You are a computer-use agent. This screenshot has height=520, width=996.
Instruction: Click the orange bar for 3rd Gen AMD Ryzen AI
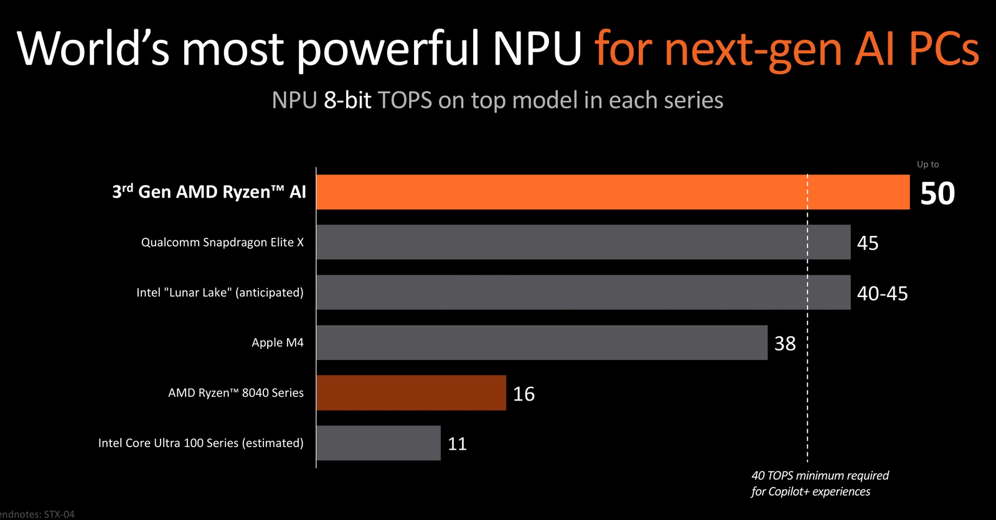[613, 192]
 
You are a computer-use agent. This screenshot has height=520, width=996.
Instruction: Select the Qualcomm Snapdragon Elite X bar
[583, 242]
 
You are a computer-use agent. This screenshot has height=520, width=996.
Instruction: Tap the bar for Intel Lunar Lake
[583, 292]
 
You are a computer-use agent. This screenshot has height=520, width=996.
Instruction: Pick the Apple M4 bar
[542, 343]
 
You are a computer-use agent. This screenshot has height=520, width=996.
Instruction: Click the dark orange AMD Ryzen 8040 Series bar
[411, 393]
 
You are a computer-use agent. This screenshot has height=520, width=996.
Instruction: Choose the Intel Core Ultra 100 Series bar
[378, 443]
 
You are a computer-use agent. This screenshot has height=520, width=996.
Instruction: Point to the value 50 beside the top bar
[937, 194]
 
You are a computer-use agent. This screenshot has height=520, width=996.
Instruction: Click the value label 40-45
[882, 293]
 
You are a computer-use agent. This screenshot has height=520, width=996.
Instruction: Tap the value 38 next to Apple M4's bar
[785, 343]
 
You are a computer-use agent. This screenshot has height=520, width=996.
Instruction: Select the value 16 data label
[524, 394]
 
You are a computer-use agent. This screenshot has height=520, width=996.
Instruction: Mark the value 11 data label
[457, 444]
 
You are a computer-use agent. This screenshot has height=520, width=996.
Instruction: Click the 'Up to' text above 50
[928, 164]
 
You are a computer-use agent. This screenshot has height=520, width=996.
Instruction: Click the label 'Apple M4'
[278, 343]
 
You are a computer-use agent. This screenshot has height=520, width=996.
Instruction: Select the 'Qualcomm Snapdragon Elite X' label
[222, 242]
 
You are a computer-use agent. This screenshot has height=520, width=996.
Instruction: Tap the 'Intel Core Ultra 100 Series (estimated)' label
[200, 443]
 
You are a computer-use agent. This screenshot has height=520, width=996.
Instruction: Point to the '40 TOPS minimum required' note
[820, 476]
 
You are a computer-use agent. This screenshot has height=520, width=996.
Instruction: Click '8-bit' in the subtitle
[347, 100]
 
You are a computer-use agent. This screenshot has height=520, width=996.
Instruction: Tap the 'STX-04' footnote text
[59, 514]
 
